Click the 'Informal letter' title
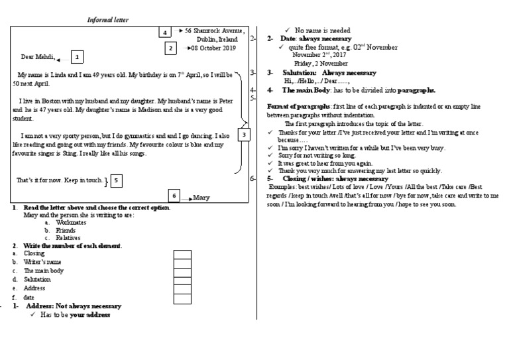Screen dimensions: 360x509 click(109, 20)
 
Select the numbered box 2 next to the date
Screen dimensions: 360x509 click(171, 48)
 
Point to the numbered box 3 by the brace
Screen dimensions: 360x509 click(244, 135)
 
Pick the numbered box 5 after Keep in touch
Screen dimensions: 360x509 click(115, 180)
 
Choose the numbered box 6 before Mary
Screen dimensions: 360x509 click(174, 196)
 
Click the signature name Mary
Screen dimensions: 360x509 click(201, 198)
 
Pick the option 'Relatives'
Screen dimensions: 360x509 click(68, 237)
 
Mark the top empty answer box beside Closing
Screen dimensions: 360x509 click(182, 253)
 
